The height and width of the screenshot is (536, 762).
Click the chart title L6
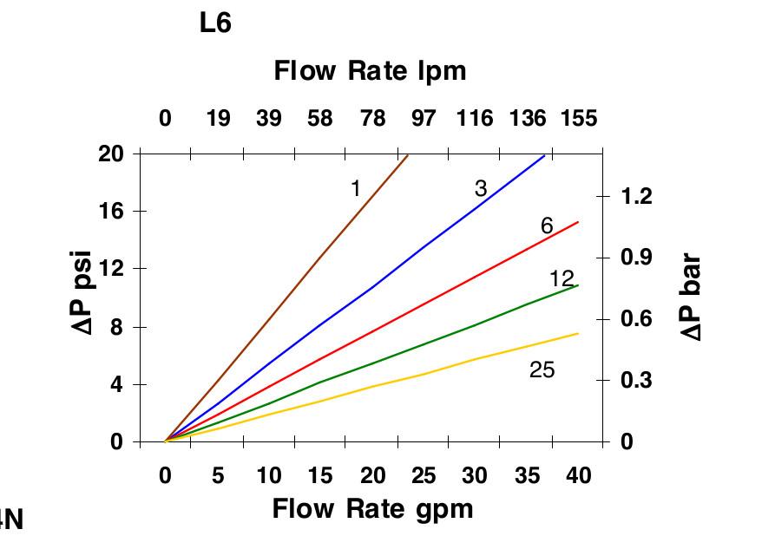(215, 23)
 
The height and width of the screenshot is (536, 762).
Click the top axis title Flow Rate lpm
(370, 70)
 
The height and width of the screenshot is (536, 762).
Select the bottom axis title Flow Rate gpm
(373, 508)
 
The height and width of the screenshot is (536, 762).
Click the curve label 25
(542, 370)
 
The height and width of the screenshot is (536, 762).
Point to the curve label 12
(562, 278)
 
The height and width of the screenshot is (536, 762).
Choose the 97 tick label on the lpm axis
(423, 118)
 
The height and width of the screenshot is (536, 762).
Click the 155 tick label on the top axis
(579, 118)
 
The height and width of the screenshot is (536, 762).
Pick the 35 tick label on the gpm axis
(526, 475)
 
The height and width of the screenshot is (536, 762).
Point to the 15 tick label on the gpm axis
(320, 475)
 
